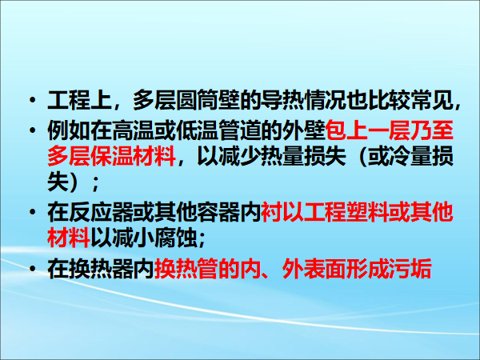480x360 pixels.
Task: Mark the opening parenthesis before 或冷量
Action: pos(362,156)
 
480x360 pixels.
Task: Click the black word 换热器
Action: pos(101,269)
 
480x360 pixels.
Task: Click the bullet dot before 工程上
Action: pos(32,100)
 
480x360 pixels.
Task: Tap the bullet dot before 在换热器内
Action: pos(32,269)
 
